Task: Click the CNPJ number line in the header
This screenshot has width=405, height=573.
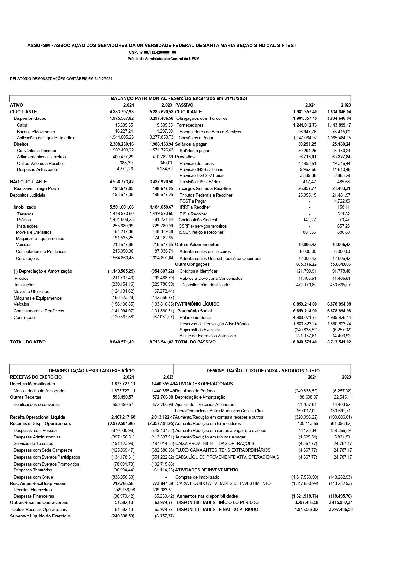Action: [152, 52]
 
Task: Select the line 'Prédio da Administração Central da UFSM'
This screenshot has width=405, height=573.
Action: [163, 59]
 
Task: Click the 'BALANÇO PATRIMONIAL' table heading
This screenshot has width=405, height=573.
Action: [179, 98]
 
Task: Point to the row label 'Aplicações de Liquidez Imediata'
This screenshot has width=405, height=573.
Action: [46, 138]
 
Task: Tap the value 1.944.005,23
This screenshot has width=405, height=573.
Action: [121, 137]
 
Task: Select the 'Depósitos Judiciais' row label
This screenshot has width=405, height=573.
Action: [28, 195]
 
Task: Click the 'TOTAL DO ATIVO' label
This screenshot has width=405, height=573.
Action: [28, 342]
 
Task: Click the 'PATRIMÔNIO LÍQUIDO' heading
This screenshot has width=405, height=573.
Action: [197, 304]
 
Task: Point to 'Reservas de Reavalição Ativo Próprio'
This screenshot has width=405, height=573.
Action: [214, 324]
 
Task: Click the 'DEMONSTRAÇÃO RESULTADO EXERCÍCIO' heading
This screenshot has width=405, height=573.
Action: [91, 371]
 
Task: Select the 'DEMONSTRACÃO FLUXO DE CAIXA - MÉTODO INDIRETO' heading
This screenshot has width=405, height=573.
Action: [263, 371]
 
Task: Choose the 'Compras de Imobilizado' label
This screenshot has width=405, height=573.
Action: [197, 477]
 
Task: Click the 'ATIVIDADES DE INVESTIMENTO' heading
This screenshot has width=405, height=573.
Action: [207, 470]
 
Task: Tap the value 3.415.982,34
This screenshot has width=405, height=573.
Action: [341, 502]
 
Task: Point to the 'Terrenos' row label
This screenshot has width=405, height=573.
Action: [25, 214]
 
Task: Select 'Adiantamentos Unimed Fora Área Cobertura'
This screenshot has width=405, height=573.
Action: [220, 258]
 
